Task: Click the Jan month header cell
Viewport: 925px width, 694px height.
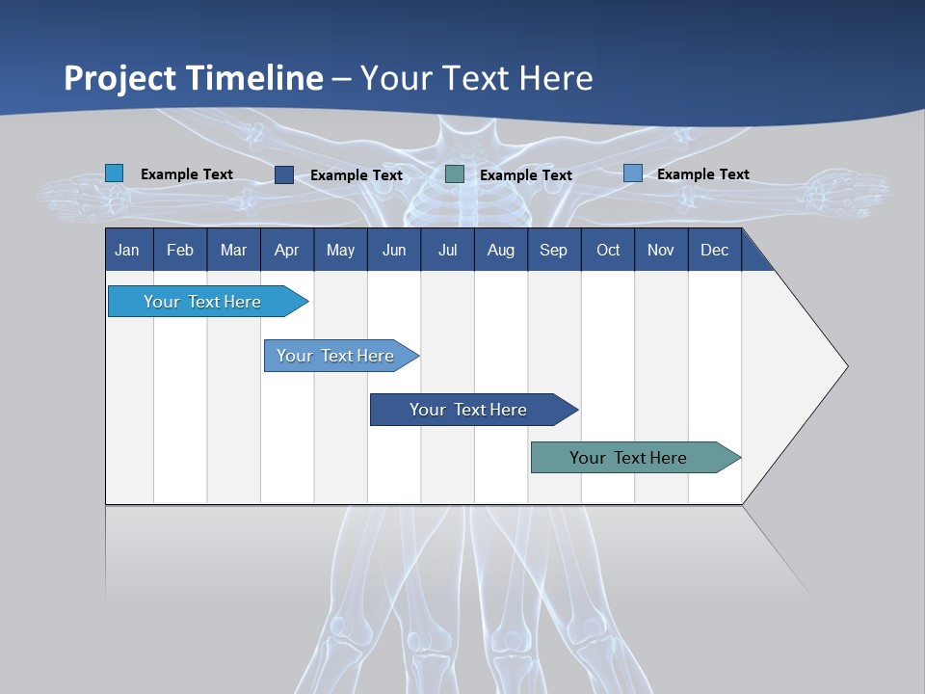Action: click(x=128, y=250)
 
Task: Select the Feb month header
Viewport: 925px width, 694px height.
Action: click(x=180, y=250)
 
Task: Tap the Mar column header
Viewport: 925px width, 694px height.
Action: click(x=233, y=250)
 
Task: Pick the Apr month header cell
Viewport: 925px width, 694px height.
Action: click(x=287, y=250)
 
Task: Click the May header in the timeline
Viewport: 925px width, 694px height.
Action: click(x=340, y=250)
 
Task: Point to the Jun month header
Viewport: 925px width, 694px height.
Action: click(x=394, y=250)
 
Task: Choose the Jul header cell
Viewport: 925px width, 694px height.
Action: click(x=447, y=250)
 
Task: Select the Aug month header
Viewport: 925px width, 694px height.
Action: click(x=501, y=250)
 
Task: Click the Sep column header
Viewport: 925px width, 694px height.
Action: click(x=554, y=250)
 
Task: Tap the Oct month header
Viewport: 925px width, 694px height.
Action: click(x=608, y=250)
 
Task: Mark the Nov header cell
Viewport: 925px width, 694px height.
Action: click(x=661, y=250)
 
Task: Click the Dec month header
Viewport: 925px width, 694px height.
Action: click(x=715, y=250)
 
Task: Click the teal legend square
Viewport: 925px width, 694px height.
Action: click(x=455, y=174)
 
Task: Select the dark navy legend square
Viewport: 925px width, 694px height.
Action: click(x=284, y=174)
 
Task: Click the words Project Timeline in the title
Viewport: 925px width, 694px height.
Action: click(x=194, y=78)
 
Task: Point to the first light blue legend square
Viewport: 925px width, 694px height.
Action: click(x=115, y=173)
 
